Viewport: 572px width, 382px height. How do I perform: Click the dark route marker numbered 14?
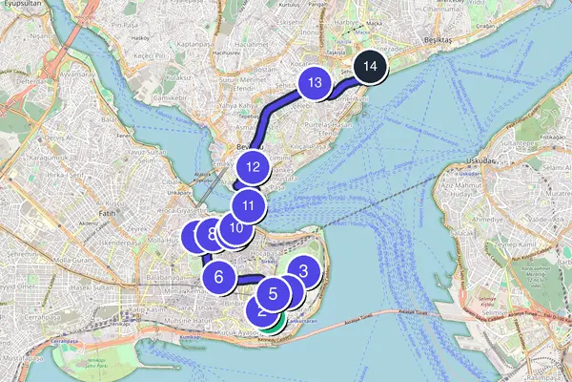tap(371, 68)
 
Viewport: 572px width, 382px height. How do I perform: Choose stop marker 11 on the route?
tap(248, 204)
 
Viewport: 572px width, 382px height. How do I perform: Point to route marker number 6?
tap(218, 278)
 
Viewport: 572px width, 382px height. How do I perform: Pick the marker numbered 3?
tap(303, 272)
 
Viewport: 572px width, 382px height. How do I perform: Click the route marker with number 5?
tap(273, 294)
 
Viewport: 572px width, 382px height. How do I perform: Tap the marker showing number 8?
tap(211, 233)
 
